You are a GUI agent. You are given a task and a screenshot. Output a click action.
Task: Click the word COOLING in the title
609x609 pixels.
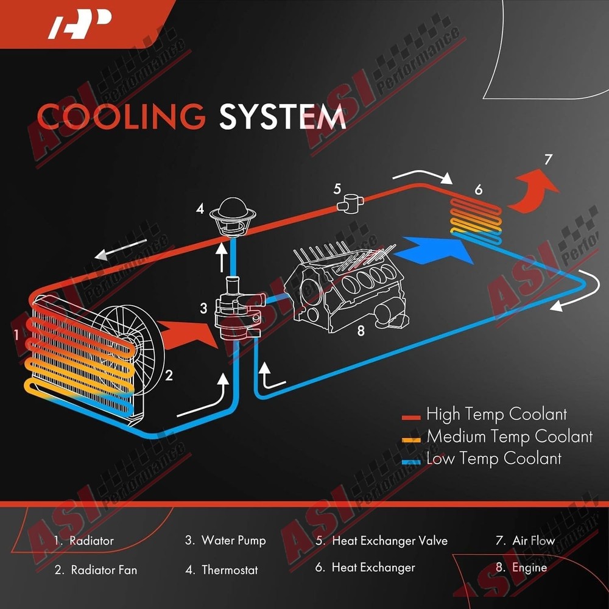121,116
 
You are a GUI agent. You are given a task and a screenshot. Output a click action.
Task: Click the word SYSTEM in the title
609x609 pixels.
283,116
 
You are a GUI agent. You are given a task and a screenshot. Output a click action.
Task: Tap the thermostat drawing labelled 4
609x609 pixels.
233,216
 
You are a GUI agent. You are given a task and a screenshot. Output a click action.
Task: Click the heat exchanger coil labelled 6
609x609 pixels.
476,220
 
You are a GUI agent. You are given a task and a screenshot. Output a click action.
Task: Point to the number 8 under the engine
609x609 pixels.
361,331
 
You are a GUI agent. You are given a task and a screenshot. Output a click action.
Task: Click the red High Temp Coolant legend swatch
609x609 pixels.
411,418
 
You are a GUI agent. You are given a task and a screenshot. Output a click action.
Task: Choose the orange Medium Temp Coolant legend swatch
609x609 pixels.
411,440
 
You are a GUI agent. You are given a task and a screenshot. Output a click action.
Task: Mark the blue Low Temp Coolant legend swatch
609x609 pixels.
411,462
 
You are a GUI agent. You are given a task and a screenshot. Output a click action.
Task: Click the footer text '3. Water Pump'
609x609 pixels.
225,541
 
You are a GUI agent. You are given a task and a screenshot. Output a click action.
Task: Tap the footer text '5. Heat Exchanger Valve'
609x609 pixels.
381,541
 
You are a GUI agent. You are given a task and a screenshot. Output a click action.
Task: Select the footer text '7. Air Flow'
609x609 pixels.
525,540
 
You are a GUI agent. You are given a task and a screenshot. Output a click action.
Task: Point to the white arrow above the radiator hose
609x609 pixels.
121,249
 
